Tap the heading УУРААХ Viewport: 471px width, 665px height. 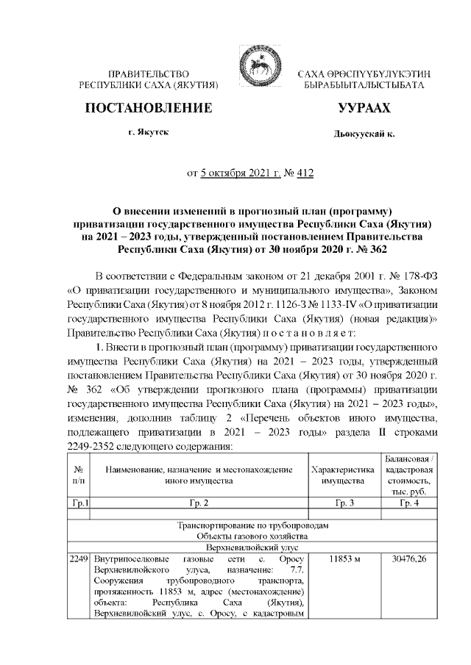tap(364, 108)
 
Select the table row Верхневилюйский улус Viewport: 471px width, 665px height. tap(256, 548)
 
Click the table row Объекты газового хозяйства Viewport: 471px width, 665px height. tap(256, 537)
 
